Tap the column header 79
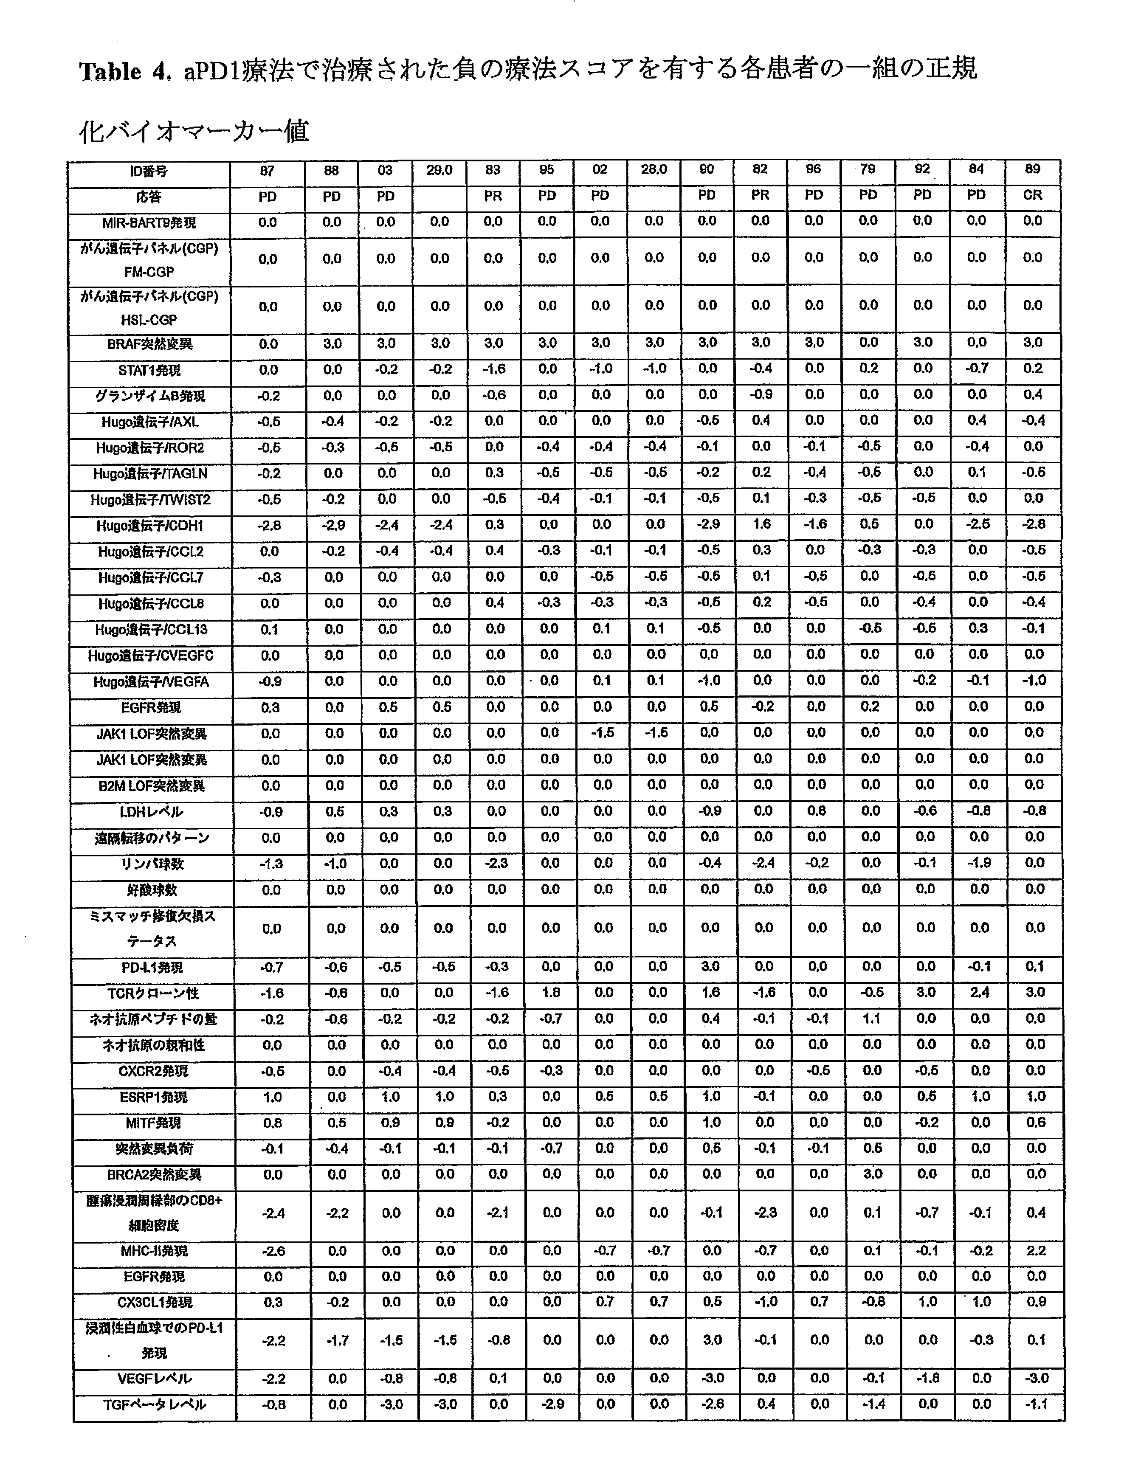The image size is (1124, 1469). [868, 169]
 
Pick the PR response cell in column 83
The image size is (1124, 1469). [493, 196]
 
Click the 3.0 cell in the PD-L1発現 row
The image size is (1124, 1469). [710, 967]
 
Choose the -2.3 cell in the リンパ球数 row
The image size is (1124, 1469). [496, 864]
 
